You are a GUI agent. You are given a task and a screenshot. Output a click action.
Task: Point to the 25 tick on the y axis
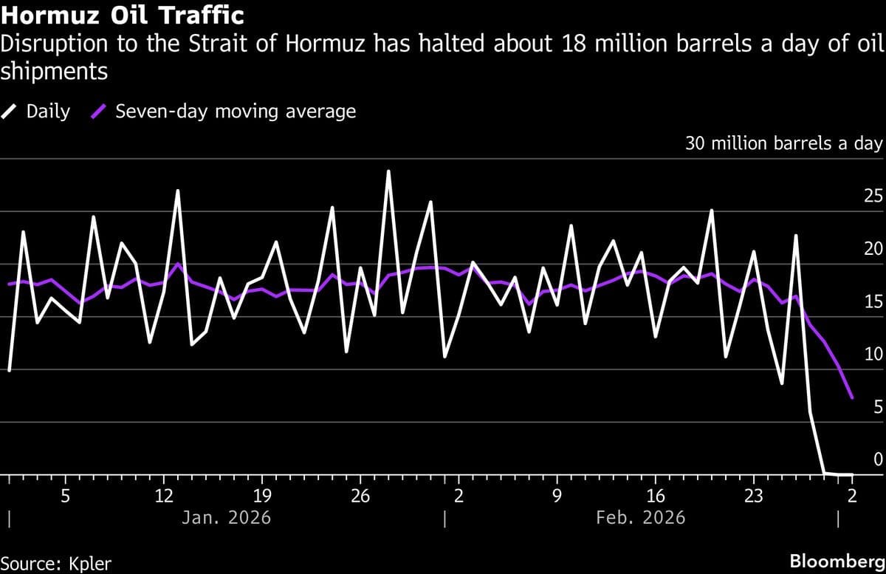[873, 197]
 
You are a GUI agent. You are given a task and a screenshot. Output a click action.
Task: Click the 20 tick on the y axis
[873, 249]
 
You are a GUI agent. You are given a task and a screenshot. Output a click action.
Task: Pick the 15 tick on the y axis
[873, 301]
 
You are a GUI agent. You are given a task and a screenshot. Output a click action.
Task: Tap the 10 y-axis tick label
[873, 354]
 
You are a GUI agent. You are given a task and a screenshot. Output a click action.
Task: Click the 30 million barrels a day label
[783, 143]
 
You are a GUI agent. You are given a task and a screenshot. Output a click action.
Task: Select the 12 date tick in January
[164, 494]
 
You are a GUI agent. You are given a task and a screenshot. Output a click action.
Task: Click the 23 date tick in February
[753, 494]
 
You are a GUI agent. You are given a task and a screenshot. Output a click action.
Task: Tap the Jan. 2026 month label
[226, 517]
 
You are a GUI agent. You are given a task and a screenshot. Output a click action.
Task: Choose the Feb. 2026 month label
[640, 517]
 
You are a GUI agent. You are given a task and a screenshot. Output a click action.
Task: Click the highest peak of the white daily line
[388, 171]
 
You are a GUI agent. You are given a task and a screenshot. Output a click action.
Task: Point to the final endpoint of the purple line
[853, 398]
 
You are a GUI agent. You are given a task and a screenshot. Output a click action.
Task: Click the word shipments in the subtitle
[55, 72]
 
